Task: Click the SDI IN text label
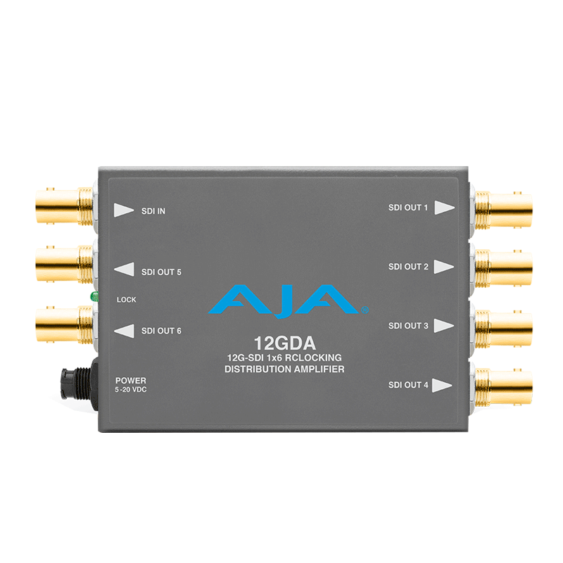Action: pyautogui.click(x=153, y=210)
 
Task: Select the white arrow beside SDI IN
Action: pyautogui.click(x=124, y=210)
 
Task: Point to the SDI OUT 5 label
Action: pyautogui.click(x=161, y=271)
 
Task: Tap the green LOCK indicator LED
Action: pyautogui.click(x=94, y=297)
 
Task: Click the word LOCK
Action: pyautogui.click(x=127, y=300)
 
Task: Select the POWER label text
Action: pyautogui.click(x=130, y=381)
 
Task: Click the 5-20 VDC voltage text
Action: pyautogui.click(x=132, y=390)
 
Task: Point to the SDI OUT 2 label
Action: pyautogui.click(x=408, y=267)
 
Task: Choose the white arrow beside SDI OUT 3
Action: pyautogui.click(x=443, y=326)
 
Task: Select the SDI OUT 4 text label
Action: pyautogui.click(x=408, y=385)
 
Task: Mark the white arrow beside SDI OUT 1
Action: pyautogui.click(x=443, y=208)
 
